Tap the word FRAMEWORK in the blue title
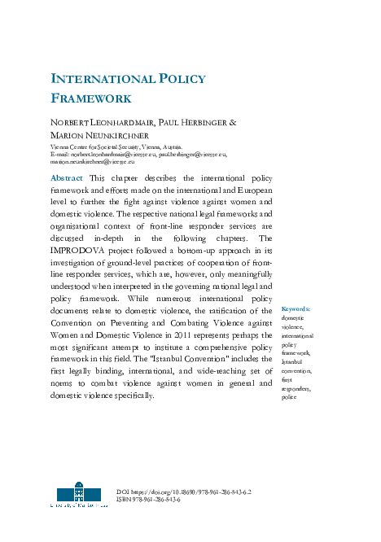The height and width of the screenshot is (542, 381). (91, 98)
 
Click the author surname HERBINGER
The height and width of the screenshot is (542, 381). (208, 122)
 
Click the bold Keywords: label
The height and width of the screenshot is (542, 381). (296, 310)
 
